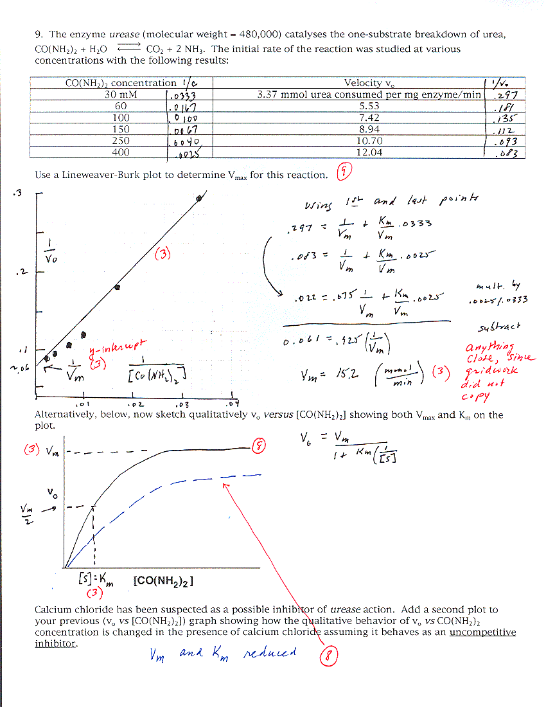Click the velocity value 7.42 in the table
pos(369,118)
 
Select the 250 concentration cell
pos(121,141)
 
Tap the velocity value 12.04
pos(369,152)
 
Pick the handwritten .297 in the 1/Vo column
pos(511,95)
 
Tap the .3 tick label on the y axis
pos(17,193)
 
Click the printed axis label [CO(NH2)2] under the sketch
pos(164,581)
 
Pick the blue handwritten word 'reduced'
pos(270,652)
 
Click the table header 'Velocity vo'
pos(369,83)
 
